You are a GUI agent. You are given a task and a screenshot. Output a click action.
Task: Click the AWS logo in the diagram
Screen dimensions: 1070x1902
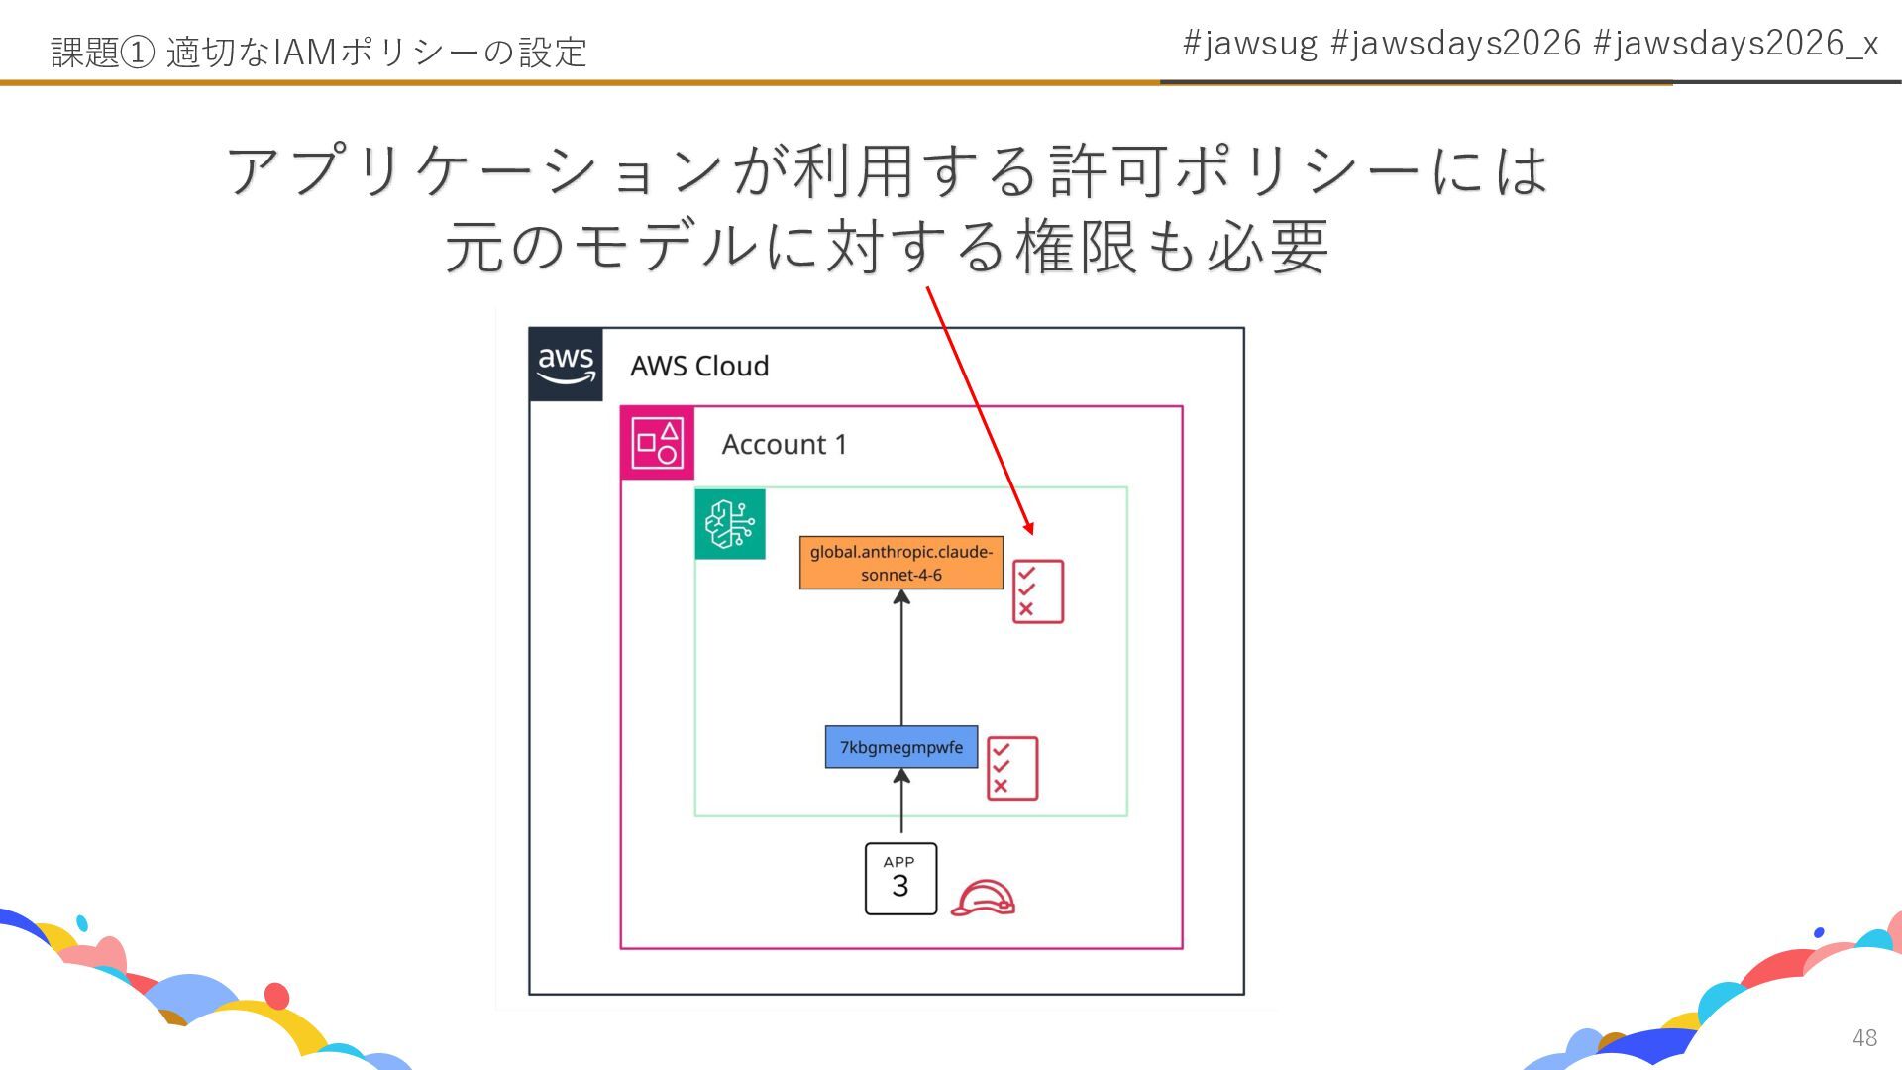pyautogui.click(x=566, y=365)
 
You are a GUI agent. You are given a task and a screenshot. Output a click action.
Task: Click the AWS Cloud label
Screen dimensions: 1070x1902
pyautogui.click(x=699, y=367)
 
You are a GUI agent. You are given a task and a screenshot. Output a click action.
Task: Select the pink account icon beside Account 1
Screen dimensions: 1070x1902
pyautogui.click(x=657, y=443)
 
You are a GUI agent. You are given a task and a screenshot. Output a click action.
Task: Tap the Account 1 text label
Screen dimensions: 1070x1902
pyautogui.click(x=785, y=445)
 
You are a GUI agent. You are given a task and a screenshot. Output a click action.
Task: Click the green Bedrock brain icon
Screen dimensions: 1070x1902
pyautogui.click(x=730, y=524)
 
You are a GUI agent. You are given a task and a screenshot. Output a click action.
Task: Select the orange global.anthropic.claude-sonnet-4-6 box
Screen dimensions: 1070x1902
pyautogui.click(x=901, y=563)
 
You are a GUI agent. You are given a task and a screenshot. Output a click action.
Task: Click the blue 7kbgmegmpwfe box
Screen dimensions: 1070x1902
pyautogui.click(x=901, y=747)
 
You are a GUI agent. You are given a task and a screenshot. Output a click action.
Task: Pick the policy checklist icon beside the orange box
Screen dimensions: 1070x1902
pyautogui.click(x=1037, y=591)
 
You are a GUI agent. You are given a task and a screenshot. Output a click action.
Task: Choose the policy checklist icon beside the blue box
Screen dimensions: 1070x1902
pyautogui.click(x=1011, y=768)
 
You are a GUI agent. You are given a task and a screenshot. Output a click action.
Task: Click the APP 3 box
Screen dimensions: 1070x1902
pyautogui.click(x=900, y=879)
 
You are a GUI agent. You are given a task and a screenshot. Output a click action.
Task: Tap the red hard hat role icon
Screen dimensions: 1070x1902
pyautogui.click(x=983, y=898)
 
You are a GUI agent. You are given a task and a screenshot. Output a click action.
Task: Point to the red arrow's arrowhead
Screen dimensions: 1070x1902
pyautogui.click(x=1029, y=528)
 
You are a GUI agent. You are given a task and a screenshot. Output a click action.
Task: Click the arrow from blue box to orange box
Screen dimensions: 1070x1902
pyautogui.click(x=901, y=658)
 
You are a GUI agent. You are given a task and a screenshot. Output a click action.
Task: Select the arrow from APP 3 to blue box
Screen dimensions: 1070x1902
pyautogui.click(x=901, y=802)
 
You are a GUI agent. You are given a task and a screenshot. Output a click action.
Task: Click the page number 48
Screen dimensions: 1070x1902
pyautogui.click(x=1864, y=1037)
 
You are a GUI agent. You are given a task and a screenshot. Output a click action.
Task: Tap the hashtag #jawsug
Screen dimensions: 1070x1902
pyautogui.click(x=1250, y=44)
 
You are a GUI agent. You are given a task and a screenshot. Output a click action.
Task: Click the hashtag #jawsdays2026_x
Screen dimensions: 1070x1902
pyautogui.click(x=1736, y=44)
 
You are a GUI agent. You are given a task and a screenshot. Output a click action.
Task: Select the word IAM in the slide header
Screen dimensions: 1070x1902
pyautogui.click(x=304, y=52)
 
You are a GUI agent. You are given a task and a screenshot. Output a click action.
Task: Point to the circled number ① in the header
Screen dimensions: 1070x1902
pyautogui.click(x=137, y=52)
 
